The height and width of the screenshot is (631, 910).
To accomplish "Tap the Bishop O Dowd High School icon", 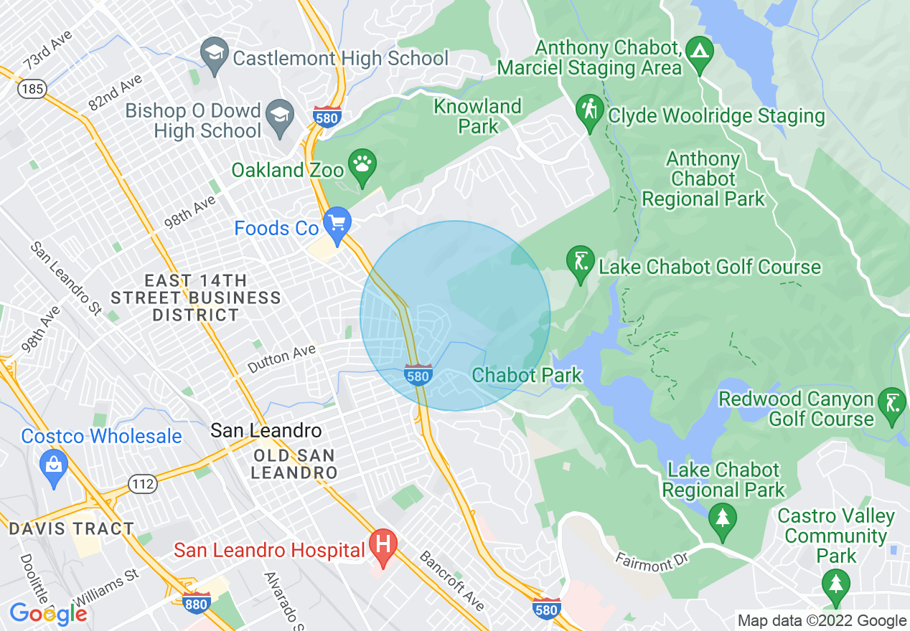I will tap(278, 116).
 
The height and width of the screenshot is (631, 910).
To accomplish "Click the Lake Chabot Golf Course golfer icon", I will tap(580, 262).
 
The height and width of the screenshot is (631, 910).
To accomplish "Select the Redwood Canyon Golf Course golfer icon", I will tap(892, 405).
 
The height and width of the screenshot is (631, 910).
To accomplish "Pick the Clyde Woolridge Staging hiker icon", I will tap(590, 112).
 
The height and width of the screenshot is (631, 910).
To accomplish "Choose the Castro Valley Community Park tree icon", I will tap(835, 580).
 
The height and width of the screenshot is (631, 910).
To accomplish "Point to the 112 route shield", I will tap(143, 484).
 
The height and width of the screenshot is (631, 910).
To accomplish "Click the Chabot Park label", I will tap(527, 375).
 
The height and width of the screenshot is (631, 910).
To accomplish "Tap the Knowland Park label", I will tap(477, 116).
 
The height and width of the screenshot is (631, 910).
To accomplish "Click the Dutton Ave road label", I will tap(281, 359).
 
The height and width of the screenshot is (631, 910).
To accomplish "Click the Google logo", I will tap(48, 614).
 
